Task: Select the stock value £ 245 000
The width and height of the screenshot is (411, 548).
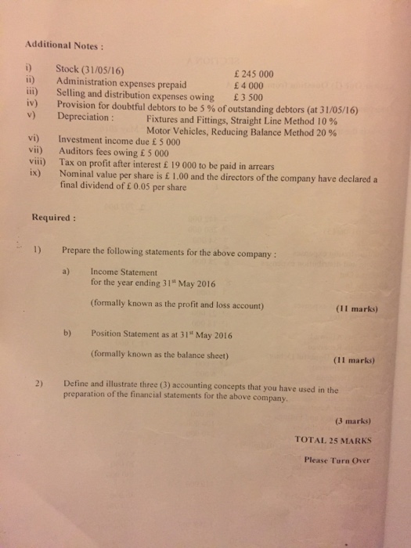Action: (248, 76)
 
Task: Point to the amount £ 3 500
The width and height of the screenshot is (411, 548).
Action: (248, 98)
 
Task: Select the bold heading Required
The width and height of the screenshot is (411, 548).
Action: (52, 216)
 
